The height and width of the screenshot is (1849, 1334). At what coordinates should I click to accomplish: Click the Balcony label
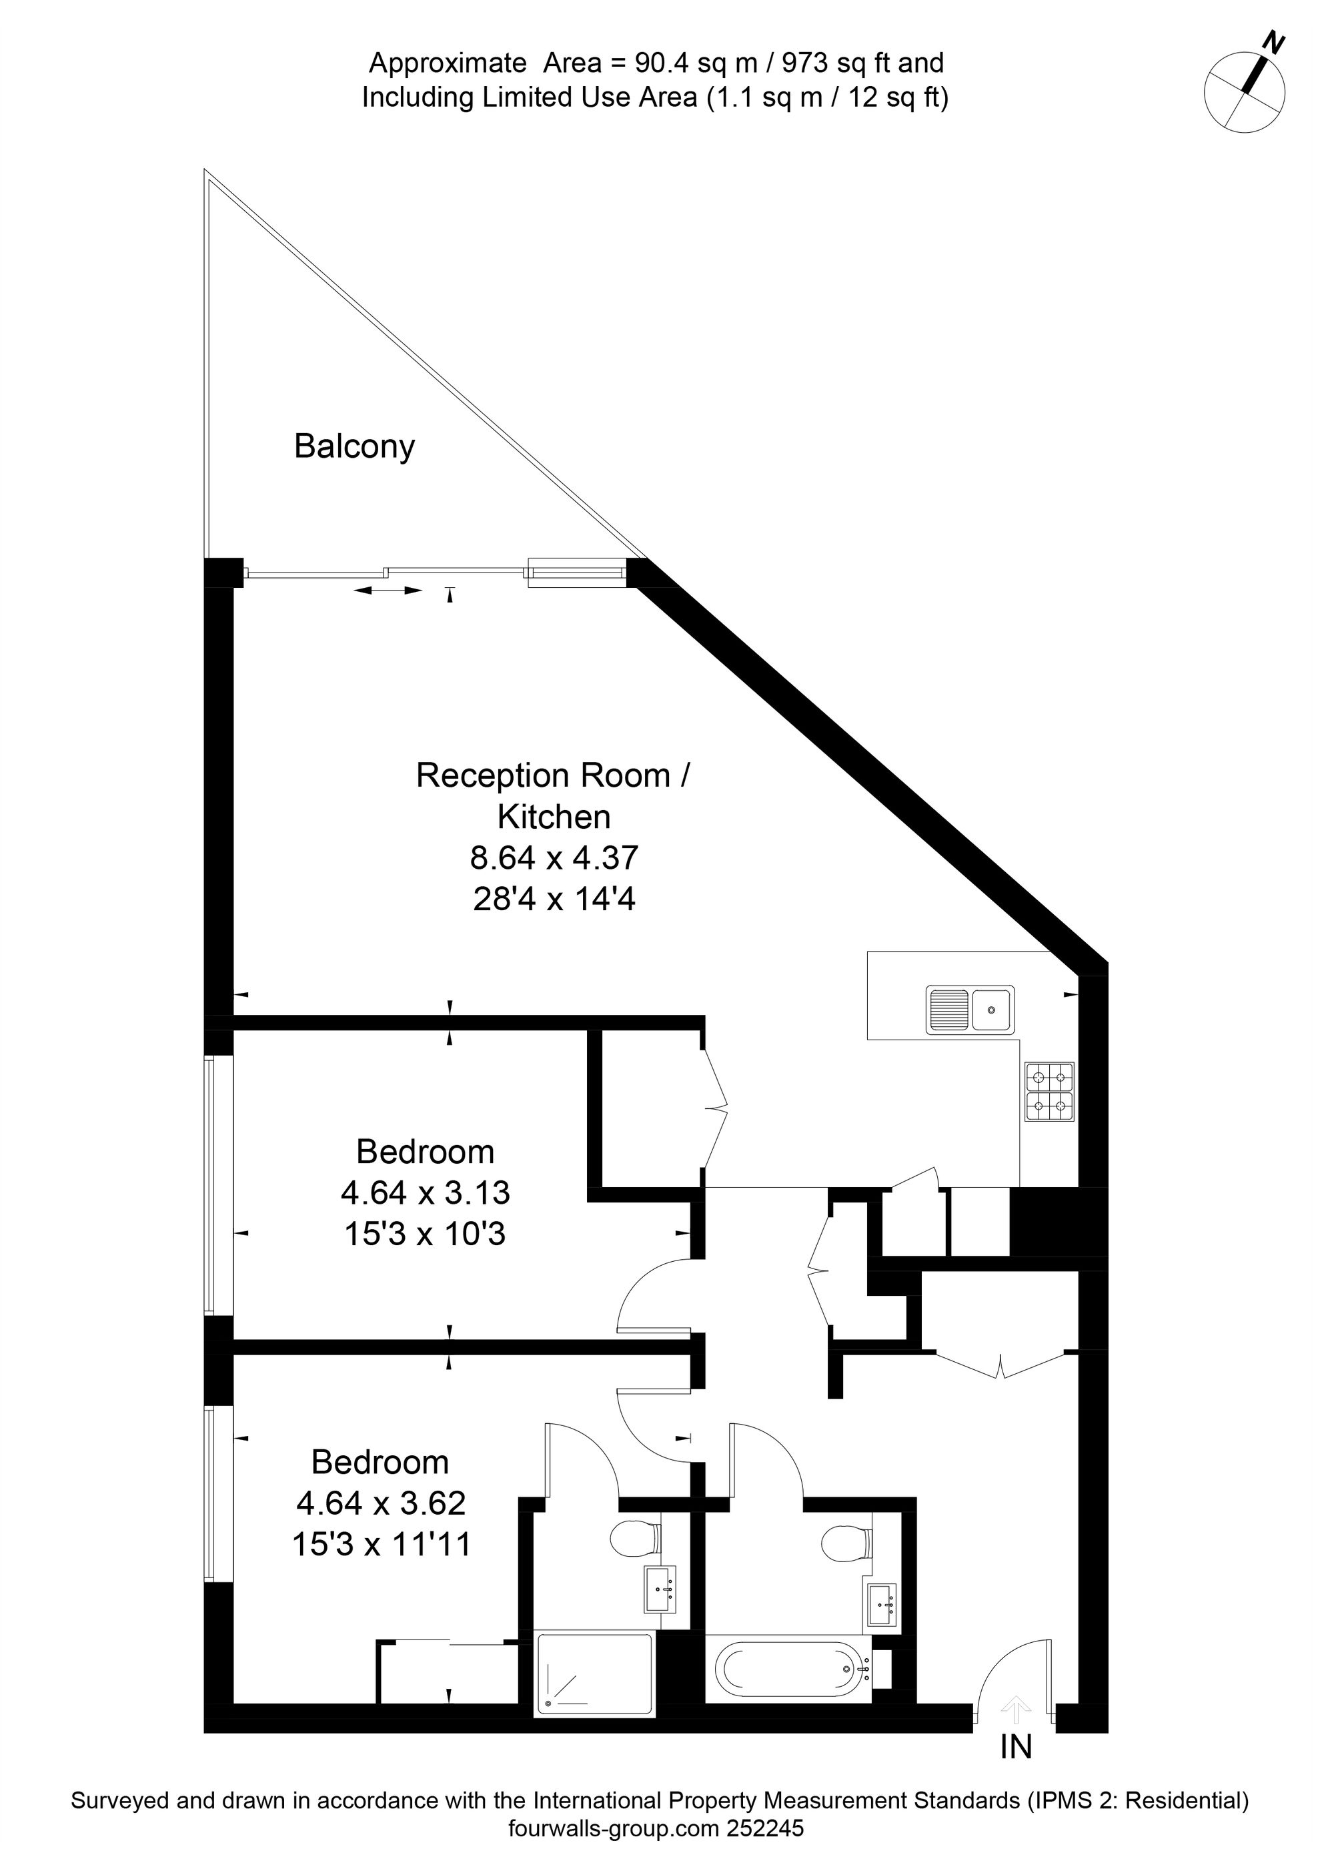click(x=354, y=447)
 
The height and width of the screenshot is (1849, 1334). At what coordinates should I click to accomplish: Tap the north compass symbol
click(x=1245, y=89)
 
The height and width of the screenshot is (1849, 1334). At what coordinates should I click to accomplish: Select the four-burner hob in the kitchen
click(x=1049, y=1091)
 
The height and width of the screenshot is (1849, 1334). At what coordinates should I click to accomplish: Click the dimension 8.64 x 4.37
click(x=554, y=857)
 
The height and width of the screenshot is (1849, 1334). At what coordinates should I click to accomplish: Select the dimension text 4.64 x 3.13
click(x=425, y=1192)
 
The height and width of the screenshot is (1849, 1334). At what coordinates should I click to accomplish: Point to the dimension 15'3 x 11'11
click(x=382, y=1543)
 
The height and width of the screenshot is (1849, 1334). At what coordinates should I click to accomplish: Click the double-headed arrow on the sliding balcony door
click(x=388, y=589)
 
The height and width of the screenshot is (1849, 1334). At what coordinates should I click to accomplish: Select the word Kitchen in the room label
click(x=554, y=816)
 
